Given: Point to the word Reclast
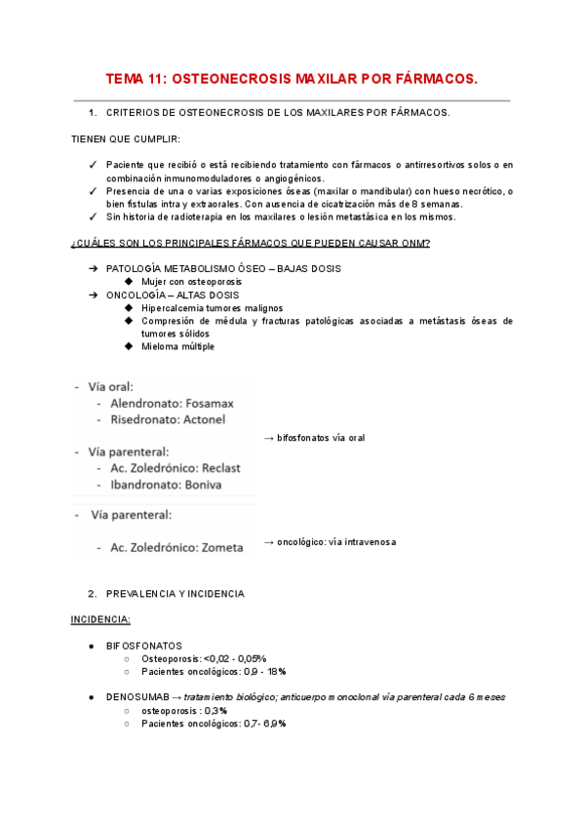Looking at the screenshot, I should pos(215,468).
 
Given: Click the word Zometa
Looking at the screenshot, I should pos(218,547).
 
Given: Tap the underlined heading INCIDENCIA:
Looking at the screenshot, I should pos(100,619).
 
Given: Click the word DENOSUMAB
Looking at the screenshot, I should pos(136,697).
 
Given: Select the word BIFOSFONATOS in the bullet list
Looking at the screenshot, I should pos(143,646).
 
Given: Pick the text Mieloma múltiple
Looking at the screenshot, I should pos(178,346).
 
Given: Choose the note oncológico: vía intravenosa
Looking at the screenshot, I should pos(336,541).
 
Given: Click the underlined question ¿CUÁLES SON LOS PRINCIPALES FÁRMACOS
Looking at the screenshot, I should pos(252,242).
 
